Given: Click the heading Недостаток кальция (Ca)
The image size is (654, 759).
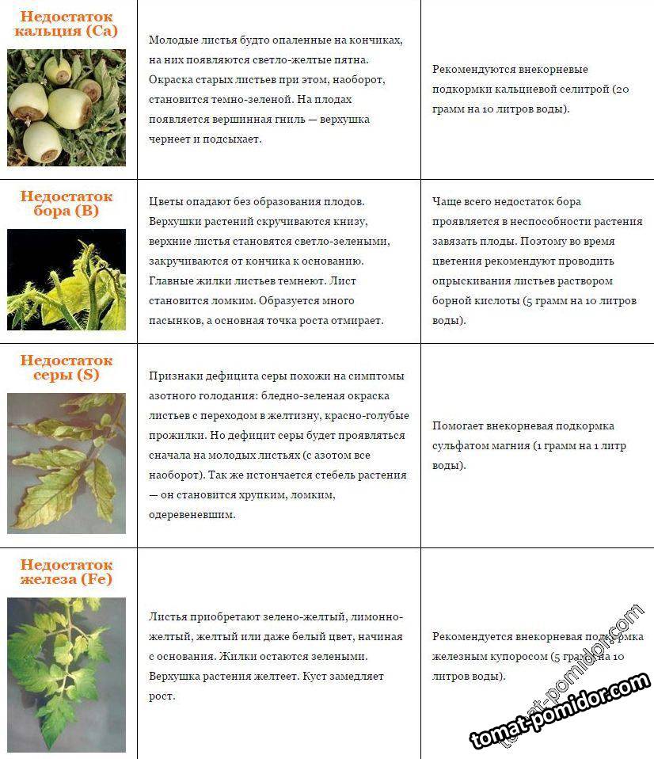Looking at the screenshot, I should click(x=67, y=24).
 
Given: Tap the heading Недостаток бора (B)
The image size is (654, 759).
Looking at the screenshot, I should click(x=67, y=204).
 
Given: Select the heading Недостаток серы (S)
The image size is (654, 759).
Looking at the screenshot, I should click(x=67, y=368).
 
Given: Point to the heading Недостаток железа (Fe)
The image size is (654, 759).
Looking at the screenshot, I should click(x=67, y=572).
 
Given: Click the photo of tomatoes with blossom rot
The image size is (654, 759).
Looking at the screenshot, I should click(x=67, y=107).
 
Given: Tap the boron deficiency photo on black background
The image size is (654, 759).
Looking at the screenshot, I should click(x=67, y=279).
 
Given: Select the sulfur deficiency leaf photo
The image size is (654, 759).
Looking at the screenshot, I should click(x=67, y=463).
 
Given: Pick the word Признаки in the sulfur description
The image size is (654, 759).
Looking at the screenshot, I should click(x=173, y=376).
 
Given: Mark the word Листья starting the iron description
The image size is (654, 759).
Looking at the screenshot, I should click(x=167, y=616).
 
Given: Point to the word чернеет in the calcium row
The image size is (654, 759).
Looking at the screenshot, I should click(x=170, y=139).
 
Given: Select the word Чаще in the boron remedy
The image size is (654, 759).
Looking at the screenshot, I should click(x=447, y=202).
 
